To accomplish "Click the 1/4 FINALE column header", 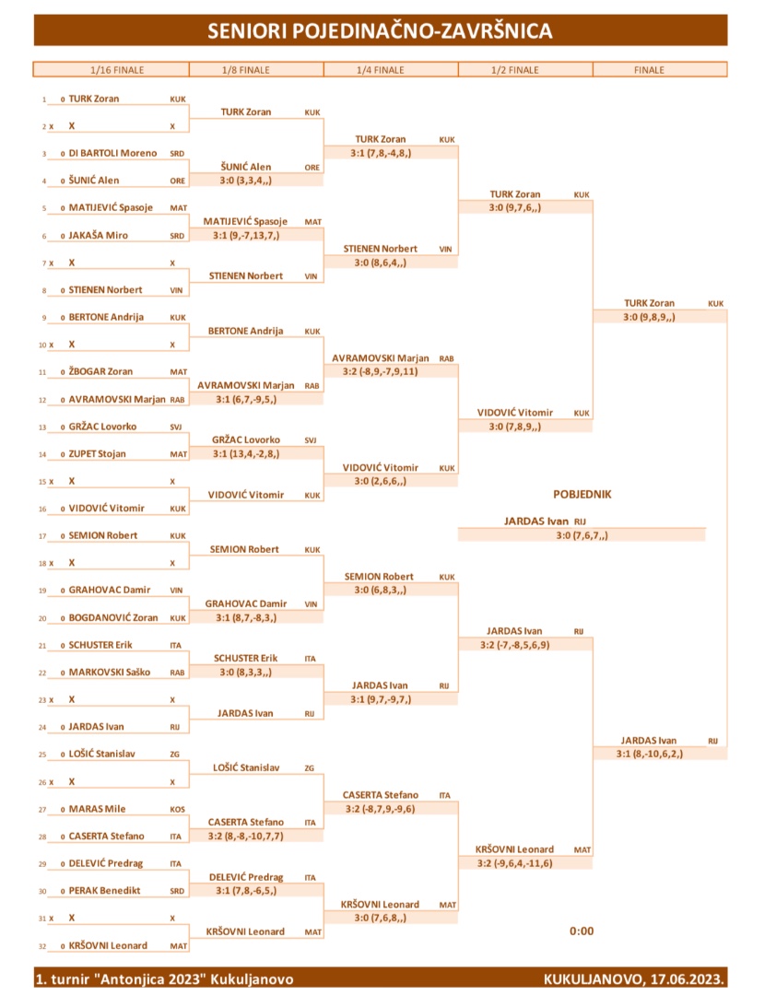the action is [x=381, y=70].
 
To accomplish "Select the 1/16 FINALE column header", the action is [x=117, y=70].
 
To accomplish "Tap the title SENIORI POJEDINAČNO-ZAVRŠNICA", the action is [x=380, y=30].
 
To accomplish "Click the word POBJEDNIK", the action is [x=582, y=495].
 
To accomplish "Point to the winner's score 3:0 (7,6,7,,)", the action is [x=582, y=535].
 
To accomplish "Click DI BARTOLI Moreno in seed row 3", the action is [x=112, y=153].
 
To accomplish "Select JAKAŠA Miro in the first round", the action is [x=99, y=235].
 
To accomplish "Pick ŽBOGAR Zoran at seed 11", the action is [x=100, y=371].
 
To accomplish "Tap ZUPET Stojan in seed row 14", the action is [x=97, y=453].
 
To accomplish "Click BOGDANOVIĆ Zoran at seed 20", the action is [x=113, y=617].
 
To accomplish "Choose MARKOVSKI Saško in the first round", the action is [x=110, y=672].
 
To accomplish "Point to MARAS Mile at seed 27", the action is [x=97, y=809].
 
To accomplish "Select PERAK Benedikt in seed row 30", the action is [x=104, y=890].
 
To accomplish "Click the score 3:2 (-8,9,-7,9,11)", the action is [x=380, y=372].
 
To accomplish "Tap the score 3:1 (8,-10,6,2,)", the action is [x=649, y=754].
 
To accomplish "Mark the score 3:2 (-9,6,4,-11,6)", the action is [x=514, y=863].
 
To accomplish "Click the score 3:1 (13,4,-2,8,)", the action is [x=246, y=453].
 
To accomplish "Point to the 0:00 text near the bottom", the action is [x=582, y=931].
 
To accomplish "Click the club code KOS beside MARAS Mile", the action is [x=178, y=810].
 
